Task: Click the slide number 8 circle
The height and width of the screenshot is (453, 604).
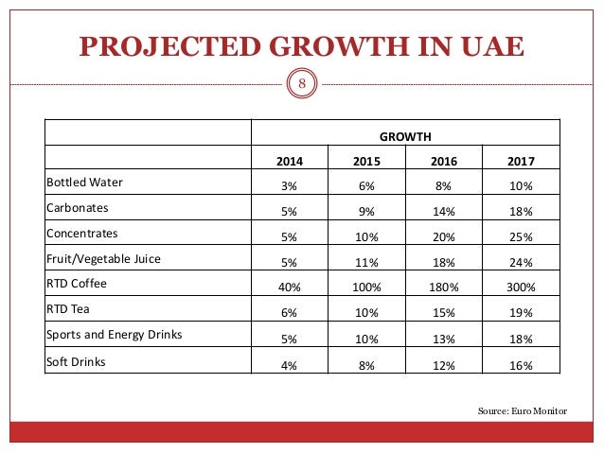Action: pyautogui.click(x=302, y=84)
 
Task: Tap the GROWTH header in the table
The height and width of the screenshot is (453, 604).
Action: pyautogui.click(x=405, y=134)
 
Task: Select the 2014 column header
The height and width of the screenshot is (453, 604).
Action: pyautogui.click(x=289, y=161)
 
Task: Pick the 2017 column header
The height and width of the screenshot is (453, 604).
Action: pyautogui.click(x=521, y=161)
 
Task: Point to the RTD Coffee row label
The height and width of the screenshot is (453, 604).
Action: pyautogui.click(x=76, y=282)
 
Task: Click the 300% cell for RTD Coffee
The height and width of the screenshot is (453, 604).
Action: pyautogui.click(x=521, y=287)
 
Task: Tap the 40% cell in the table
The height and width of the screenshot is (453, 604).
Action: pyautogui.click(x=289, y=287)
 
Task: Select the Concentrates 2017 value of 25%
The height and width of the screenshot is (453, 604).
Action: pyautogui.click(x=521, y=236)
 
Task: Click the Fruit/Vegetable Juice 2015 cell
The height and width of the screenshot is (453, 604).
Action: pyautogui.click(x=366, y=262)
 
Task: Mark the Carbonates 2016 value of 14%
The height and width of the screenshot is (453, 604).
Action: pyautogui.click(x=443, y=211)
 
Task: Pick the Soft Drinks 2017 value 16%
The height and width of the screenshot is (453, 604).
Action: pyautogui.click(x=521, y=365)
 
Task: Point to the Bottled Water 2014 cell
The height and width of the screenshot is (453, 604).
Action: pyautogui.click(x=289, y=185)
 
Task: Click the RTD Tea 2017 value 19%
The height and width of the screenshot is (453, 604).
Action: pyautogui.click(x=521, y=313)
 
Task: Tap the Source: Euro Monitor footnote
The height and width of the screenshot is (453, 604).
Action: pyautogui.click(x=524, y=411)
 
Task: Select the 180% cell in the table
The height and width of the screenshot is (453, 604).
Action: pyautogui.click(x=443, y=287)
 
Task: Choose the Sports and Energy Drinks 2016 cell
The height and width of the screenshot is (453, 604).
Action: pyautogui.click(x=443, y=339)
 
